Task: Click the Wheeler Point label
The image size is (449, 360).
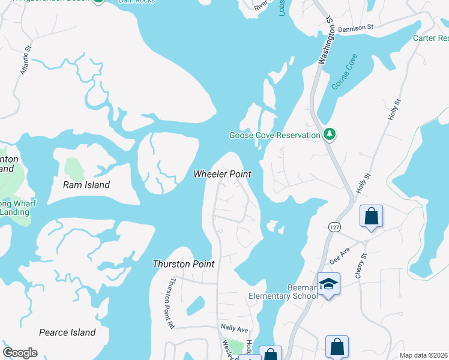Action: [x=221, y=174]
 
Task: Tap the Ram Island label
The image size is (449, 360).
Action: [x=86, y=185]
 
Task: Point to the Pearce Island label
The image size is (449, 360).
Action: [x=67, y=332]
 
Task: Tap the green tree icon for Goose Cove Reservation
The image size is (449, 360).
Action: [x=329, y=134]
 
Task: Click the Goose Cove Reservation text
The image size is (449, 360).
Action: [x=274, y=136]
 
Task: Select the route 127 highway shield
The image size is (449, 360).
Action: [x=334, y=227]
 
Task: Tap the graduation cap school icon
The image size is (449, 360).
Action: [x=328, y=283]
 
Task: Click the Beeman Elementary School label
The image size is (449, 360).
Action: [x=283, y=292]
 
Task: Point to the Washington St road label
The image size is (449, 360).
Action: [x=326, y=41]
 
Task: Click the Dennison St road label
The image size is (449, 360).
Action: [x=355, y=27]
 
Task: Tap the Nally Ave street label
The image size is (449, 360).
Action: [x=234, y=329]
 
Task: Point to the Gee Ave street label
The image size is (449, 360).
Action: [x=339, y=258]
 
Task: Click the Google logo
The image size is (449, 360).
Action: [x=20, y=353]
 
